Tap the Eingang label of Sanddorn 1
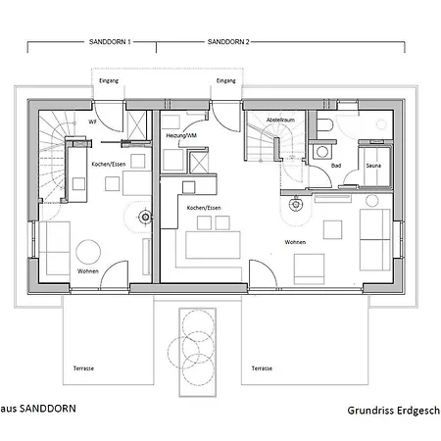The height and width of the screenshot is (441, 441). (x=109, y=80)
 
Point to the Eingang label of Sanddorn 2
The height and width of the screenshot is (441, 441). (x=226, y=80)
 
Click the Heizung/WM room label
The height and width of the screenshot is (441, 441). (x=182, y=134)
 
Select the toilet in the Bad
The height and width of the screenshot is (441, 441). (x=324, y=123)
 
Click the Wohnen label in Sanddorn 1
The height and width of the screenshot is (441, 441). (x=86, y=271)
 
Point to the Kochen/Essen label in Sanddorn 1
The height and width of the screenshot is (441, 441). (x=107, y=164)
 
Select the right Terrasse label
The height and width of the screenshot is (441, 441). (x=261, y=368)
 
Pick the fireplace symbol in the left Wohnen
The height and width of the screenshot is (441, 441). (x=145, y=217)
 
